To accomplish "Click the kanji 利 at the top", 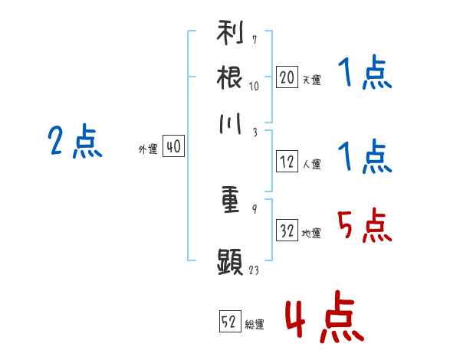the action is coord(230,32).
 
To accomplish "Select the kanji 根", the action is coord(229,77).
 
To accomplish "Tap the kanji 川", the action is coord(230,124).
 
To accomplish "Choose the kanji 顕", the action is coord(230,262).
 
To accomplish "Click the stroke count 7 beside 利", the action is coord(255,40).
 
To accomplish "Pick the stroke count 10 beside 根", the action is coord(254,87).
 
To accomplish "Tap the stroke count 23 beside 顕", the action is coord(254,270).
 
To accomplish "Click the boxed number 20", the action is coord(287,77).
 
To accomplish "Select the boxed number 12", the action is coord(287,162).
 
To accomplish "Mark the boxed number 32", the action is coord(287,230).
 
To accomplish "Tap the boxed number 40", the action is coord(173,146).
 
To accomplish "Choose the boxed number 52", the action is coord(230,321).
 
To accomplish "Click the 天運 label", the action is coord(312,80).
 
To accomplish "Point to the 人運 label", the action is coord(312,164).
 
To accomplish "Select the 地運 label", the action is coord(311,234).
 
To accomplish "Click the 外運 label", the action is coord(148,149).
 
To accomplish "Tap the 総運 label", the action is coord(255,325).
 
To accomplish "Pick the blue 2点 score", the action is coord(75,141).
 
